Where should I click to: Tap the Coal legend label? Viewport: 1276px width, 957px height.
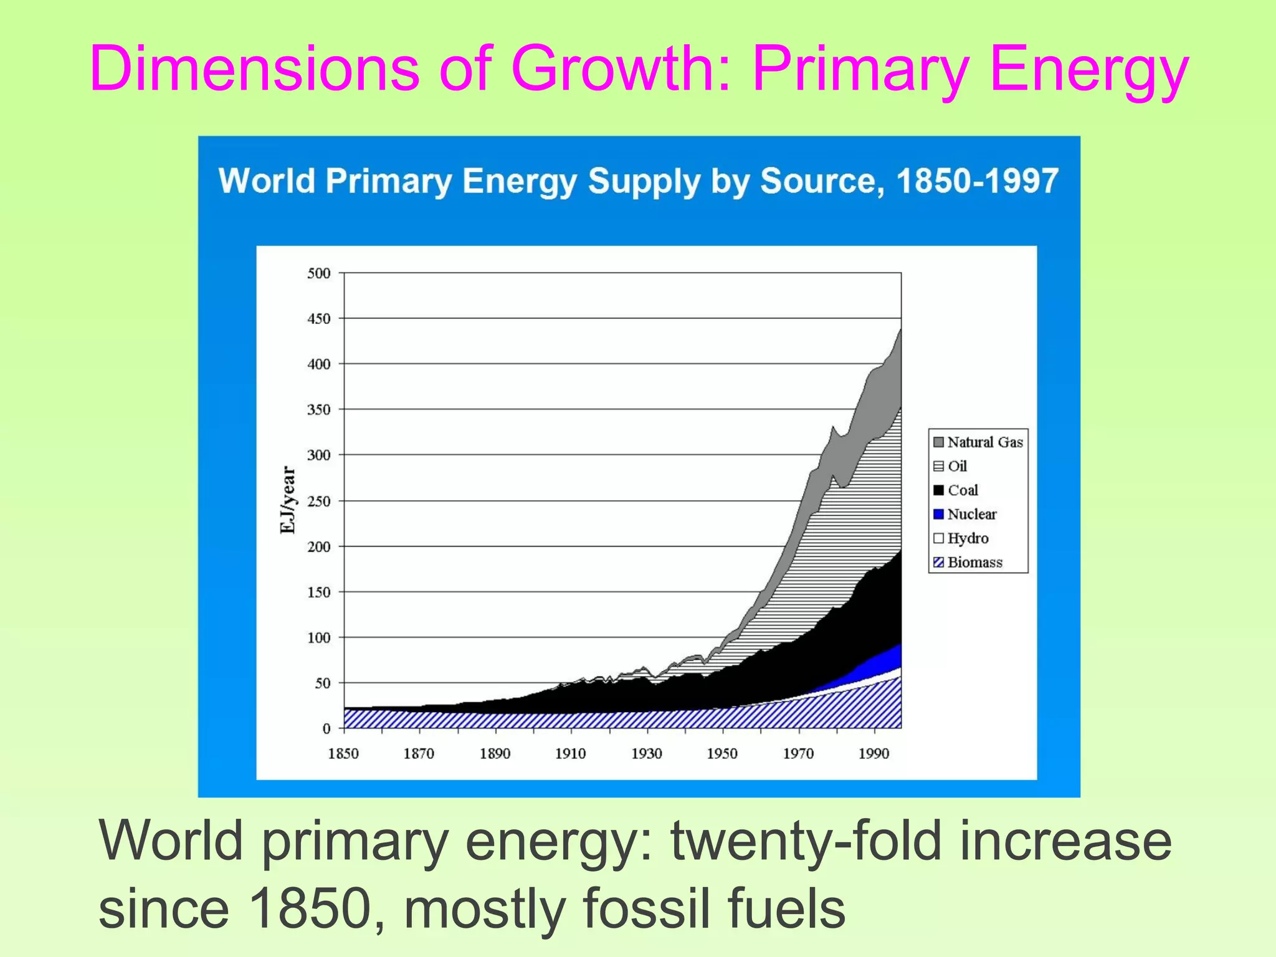[x=963, y=490]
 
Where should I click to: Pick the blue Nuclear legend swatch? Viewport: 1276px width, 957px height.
[x=938, y=515]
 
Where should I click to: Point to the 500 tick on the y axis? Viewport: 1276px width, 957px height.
[x=318, y=274]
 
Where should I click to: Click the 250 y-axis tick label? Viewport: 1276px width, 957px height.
[x=318, y=502]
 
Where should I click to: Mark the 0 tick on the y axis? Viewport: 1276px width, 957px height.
[x=326, y=729]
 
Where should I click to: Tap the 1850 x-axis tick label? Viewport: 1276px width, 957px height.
[x=343, y=754]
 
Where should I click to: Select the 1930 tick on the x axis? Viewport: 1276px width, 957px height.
[x=647, y=754]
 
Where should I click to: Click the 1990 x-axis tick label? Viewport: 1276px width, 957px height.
[x=874, y=754]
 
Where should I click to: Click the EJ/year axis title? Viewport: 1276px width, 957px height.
[x=288, y=500]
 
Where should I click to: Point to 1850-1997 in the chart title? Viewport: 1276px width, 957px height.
[x=977, y=181]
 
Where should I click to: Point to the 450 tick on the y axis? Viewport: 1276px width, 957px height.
[x=318, y=319]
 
